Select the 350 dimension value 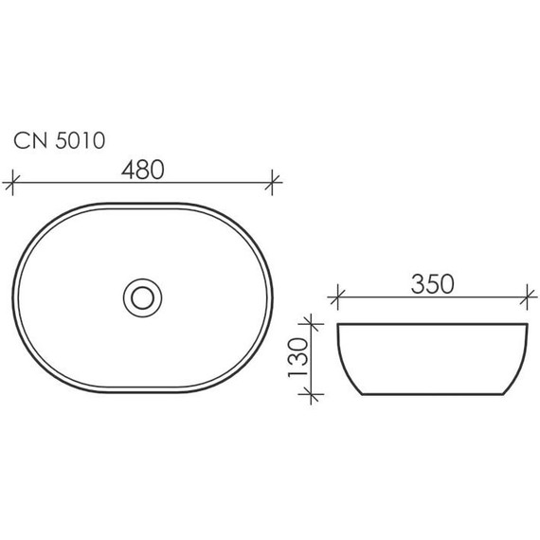431,283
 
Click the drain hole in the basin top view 144,297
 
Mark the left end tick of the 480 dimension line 12,180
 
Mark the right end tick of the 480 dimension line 275,180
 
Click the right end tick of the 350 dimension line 526,297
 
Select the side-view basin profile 431,360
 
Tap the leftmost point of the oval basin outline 14,297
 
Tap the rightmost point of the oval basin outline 275,297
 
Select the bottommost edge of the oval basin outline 144,392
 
